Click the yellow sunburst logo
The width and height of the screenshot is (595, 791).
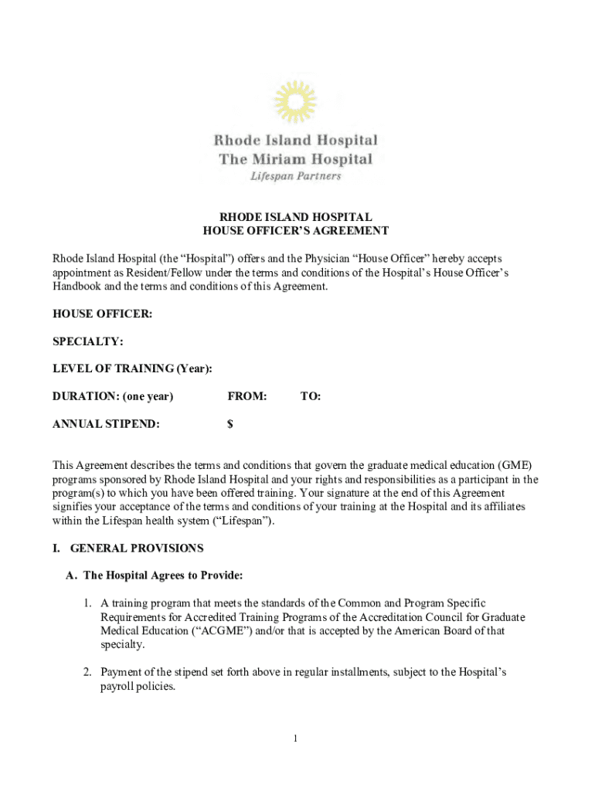[x=295, y=103]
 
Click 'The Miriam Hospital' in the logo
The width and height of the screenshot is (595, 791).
[x=295, y=159]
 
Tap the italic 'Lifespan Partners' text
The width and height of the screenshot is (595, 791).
[x=295, y=175]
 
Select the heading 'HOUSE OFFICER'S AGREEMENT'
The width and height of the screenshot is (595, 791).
[x=295, y=231]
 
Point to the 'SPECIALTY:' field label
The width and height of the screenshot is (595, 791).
[x=88, y=341]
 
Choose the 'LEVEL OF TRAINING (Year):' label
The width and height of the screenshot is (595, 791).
[x=132, y=369]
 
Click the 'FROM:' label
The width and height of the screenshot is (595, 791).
[x=247, y=396]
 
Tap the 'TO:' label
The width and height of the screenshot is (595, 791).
[x=311, y=396]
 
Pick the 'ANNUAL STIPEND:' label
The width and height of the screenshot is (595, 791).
[x=107, y=424]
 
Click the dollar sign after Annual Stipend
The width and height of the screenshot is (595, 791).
[x=230, y=424]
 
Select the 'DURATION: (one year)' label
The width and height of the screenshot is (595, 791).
[x=113, y=396]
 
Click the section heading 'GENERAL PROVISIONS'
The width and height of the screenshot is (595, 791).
[x=137, y=548]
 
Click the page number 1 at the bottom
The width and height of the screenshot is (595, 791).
[x=295, y=739]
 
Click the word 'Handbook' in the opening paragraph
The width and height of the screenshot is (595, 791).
[x=76, y=286]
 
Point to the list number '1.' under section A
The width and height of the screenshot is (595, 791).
[x=90, y=603]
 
